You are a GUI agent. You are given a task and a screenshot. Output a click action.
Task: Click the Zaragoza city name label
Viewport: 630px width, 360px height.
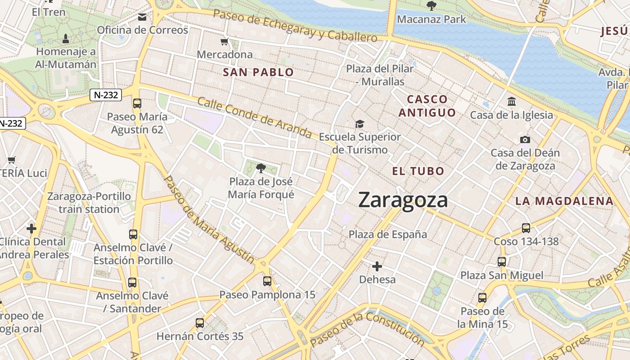click(403, 200)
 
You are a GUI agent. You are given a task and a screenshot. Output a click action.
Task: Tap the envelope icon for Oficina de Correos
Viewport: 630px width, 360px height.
click(142, 18)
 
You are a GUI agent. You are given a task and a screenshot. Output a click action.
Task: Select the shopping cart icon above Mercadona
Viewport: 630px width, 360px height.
click(225, 42)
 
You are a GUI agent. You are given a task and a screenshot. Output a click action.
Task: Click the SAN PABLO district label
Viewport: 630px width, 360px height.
click(258, 72)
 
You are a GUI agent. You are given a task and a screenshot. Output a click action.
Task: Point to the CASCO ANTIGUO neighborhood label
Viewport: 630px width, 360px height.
click(427, 106)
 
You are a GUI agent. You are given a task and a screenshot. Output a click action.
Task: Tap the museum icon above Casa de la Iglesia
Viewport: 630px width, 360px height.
click(512, 102)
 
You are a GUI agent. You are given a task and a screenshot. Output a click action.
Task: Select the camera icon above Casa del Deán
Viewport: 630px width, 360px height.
click(525, 140)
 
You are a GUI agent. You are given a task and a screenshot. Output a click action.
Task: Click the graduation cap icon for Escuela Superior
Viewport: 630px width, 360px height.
click(359, 124)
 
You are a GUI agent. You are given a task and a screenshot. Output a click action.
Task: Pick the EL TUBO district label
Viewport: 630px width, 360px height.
click(418, 171)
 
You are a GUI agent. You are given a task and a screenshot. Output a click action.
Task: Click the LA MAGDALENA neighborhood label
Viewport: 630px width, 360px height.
click(564, 201)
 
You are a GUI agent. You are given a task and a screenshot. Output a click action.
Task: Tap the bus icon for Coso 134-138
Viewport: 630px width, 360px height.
click(526, 228)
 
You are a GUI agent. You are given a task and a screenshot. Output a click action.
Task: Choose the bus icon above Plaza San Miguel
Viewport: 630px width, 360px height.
click(501, 261)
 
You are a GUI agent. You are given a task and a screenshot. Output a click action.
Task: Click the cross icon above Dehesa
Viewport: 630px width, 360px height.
click(377, 266)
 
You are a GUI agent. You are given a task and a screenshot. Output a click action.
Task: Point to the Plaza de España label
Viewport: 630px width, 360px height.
click(388, 234)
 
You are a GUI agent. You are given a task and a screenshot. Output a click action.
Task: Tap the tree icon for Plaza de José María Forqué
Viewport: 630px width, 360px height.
click(260, 169)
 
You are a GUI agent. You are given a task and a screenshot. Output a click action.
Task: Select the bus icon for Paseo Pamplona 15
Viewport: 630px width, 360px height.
click(267, 281)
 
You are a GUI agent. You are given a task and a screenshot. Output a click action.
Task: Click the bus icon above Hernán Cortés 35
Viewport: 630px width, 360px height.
click(199, 323)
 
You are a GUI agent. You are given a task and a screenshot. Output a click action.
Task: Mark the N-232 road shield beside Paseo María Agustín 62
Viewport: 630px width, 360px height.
click(106, 95)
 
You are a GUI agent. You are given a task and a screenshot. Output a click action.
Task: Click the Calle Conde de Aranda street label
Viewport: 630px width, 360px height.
click(254, 118)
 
